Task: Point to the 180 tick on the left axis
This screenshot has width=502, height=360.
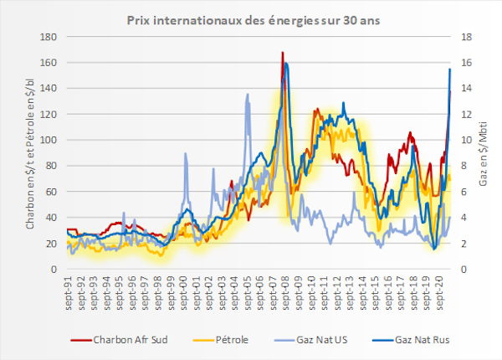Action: [x=49, y=37]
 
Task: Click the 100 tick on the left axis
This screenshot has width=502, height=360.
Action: [x=49, y=140]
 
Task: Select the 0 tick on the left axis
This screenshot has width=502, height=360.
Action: [x=54, y=270]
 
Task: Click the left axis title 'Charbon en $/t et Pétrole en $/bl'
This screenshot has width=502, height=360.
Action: [x=30, y=153]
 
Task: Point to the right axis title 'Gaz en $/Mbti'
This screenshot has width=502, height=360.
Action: [x=486, y=153]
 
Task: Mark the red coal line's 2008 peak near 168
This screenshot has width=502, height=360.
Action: [x=283, y=53]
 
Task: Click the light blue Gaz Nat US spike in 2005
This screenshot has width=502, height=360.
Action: [x=248, y=95]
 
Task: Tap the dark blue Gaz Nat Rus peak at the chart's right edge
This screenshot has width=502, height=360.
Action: [x=450, y=69]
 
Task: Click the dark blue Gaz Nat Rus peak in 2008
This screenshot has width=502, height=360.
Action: [x=286, y=64]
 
